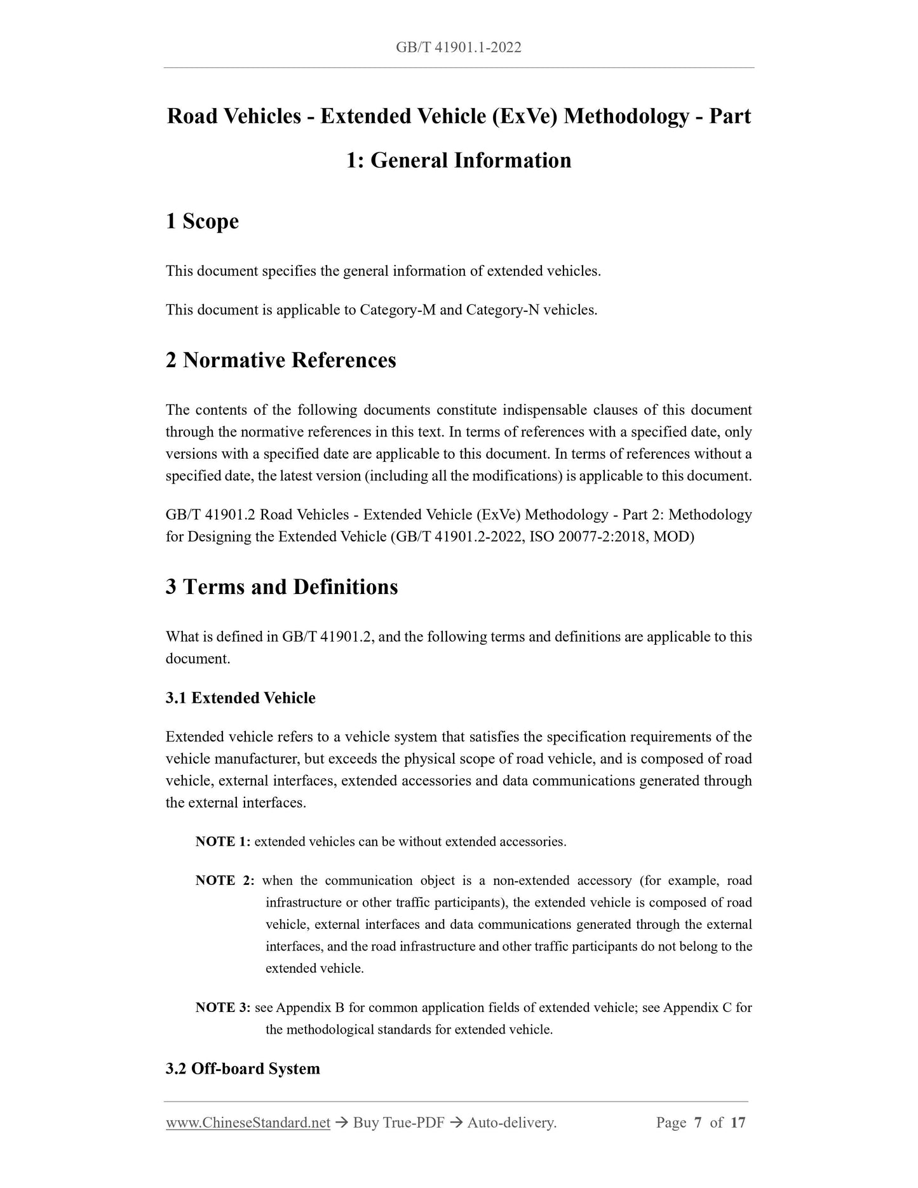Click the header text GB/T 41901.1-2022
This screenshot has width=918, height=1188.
(x=458, y=47)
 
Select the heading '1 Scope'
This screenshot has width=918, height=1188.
(x=202, y=221)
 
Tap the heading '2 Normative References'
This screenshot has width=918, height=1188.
(x=281, y=360)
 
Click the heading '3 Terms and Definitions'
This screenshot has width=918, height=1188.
(x=281, y=586)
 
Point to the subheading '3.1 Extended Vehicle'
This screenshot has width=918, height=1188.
(x=240, y=698)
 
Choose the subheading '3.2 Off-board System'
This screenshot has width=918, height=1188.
(x=243, y=1069)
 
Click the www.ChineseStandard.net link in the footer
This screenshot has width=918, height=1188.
(x=248, y=1123)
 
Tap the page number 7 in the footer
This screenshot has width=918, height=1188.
(x=698, y=1123)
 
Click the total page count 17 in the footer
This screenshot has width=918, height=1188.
(x=738, y=1123)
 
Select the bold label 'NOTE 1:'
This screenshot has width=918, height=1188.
(x=223, y=842)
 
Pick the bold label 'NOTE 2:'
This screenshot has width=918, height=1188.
(x=225, y=881)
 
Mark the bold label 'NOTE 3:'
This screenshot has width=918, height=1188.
(x=223, y=1008)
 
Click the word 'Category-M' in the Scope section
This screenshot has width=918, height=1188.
(x=397, y=310)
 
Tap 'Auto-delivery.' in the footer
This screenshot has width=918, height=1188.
(x=511, y=1123)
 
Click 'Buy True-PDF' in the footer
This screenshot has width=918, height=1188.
(x=398, y=1123)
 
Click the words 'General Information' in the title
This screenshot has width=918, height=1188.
(x=471, y=160)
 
